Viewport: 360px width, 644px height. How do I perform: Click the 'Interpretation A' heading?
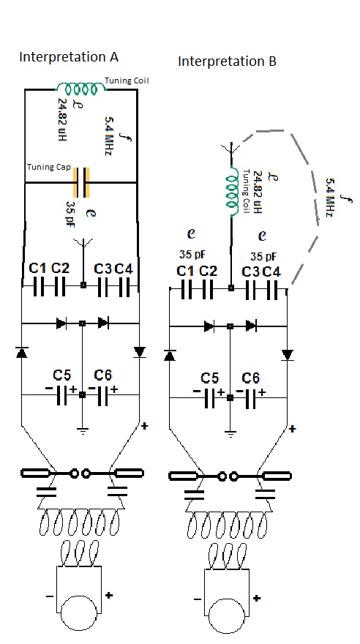click(69, 57)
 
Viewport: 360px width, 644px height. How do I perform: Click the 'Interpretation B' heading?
click(227, 61)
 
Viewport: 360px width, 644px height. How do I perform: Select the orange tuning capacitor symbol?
click(81, 182)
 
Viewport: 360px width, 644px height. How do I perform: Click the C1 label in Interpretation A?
click(38, 269)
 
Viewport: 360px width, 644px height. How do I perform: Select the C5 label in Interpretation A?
click(61, 375)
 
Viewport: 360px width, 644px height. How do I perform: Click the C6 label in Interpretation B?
click(250, 378)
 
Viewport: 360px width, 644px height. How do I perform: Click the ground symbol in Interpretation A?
click(83, 431)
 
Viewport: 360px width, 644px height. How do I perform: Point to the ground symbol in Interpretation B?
click(230, 434)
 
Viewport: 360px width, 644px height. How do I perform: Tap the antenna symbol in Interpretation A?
click(83, 243)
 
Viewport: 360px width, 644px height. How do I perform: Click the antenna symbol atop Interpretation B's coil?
click(232, 149)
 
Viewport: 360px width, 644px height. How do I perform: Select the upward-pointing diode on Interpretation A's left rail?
click(21, 352)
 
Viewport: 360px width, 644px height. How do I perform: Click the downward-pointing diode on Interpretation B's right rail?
click(288, 355)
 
